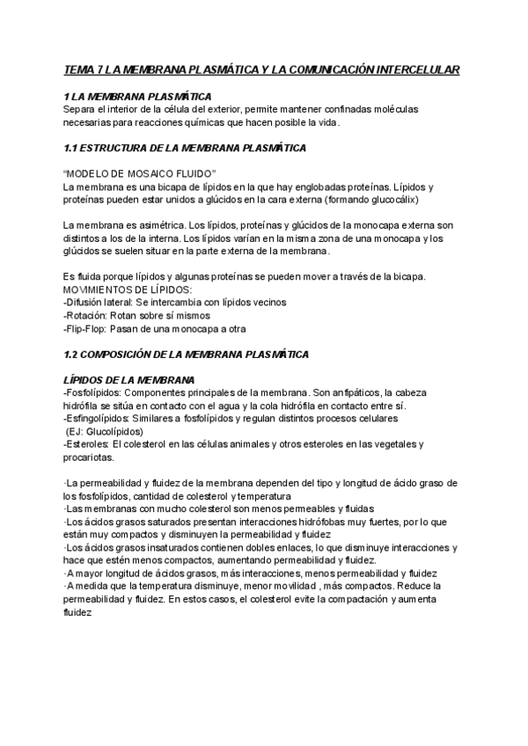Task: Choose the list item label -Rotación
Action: coord(84,315)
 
